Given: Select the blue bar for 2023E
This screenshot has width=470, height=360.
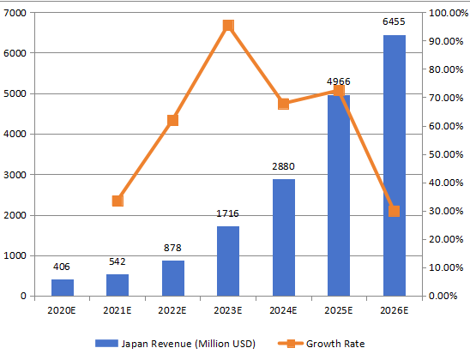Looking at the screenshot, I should tap(228, 261).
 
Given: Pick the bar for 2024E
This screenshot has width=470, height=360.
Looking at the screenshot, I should tap(283, 237).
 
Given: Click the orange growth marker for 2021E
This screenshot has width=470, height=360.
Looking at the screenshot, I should tap(117, 201).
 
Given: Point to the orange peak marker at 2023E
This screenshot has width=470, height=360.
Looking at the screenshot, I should tap(228, 26).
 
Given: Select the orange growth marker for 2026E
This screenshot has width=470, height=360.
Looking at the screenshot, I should tap(394, 211).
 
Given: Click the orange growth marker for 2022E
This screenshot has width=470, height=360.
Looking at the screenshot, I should tap(172, 120).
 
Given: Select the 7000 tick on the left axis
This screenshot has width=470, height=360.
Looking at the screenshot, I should tap(15, 13).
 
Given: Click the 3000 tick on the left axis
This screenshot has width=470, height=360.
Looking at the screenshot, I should tap(15, 175).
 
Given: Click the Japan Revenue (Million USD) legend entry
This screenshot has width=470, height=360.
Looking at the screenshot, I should tap(176, 343).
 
